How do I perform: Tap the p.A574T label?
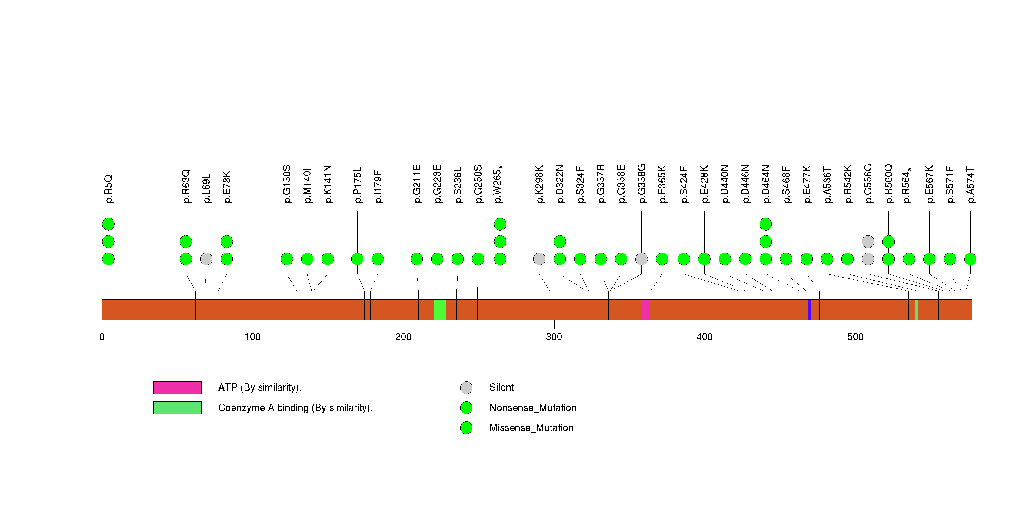point(970,185)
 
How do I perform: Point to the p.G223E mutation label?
point(437,184)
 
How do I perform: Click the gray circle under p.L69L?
point(206,259)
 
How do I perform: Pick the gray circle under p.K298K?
point(539,259)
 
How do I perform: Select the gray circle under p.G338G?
point(641,259)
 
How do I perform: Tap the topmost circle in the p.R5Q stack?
point(108,224)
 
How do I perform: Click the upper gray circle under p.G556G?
point(868,241)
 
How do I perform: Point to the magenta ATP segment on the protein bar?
point(645,310)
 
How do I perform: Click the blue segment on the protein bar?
point(809,310)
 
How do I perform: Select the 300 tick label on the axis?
point(554,337)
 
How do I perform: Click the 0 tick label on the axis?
point(102,337)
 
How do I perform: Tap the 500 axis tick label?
point(855,337)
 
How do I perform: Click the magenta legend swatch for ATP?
point(177,387)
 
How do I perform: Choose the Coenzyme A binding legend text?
point(295,407)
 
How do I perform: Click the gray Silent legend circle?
point(466,387)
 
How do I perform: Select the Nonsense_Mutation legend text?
point(532,407)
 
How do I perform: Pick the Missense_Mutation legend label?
point(531,427)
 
